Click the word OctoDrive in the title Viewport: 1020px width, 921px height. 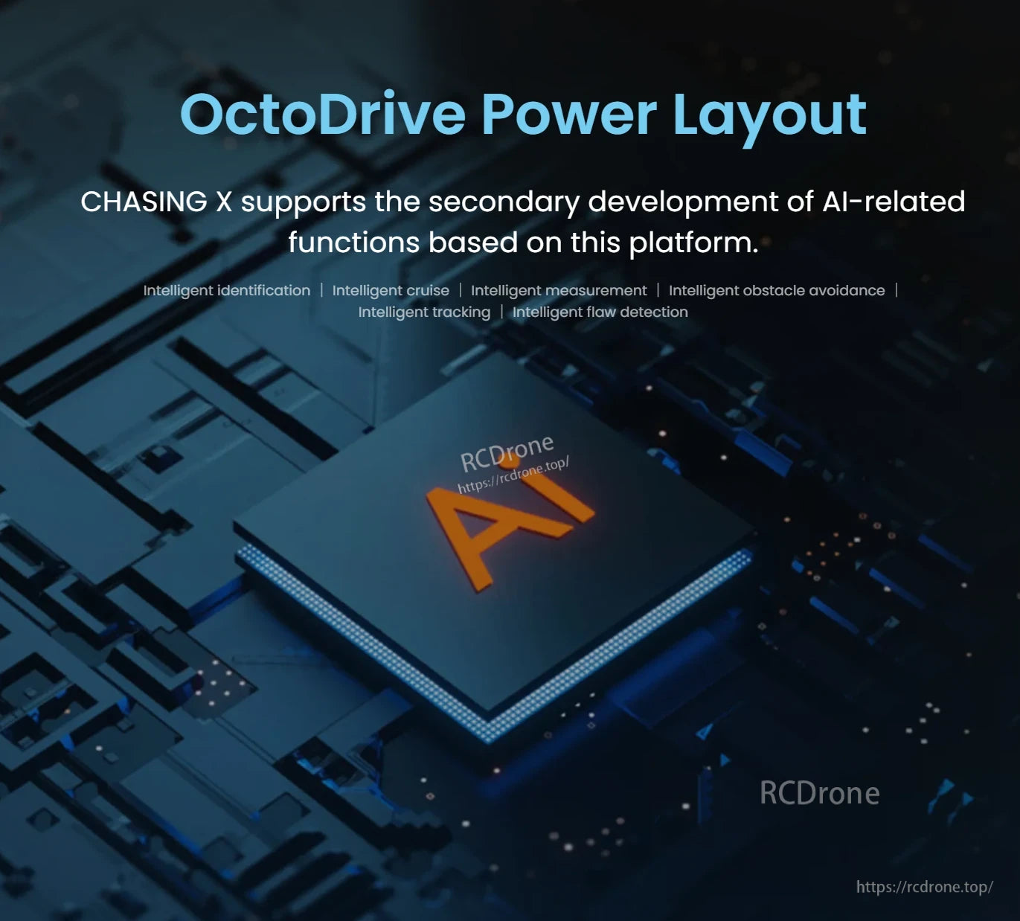[322, 115]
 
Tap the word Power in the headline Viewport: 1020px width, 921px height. [569, 115]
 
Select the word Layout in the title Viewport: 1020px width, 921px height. [769, 115]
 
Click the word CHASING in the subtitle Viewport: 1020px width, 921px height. [144, 202]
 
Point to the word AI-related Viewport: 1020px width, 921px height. [894, 202]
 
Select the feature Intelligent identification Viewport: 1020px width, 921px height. [226, 290]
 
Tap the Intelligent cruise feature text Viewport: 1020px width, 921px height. [391, 290]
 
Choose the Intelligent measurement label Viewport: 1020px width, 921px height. [559, 290]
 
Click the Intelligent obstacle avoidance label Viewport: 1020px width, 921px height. [777, 290]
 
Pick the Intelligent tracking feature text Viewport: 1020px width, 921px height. [424, 312]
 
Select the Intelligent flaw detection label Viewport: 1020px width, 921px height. [600, 312]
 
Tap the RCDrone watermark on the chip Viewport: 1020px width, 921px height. [507, 452]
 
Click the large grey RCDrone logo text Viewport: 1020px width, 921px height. [819, 793]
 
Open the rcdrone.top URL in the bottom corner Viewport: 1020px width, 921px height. [924, 887]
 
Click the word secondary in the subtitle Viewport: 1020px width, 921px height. [509, 202]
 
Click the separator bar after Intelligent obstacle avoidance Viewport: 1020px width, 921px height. [896, 290]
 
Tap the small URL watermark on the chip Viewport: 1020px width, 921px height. [513, 475]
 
